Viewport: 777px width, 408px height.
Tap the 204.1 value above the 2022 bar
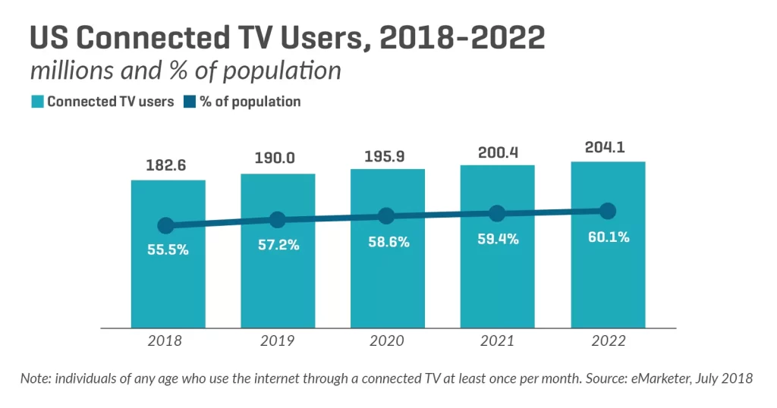point(607,147)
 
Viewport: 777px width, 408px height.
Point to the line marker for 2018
point(166,225)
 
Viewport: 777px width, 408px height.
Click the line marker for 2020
point(386,216)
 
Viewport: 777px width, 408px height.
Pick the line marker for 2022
point(607,210)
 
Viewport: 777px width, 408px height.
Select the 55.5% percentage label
point(168,250)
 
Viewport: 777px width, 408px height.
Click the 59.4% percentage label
point(497,239)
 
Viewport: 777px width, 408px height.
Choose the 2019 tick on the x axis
point(278,341)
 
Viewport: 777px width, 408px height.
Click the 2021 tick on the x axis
point(498,341)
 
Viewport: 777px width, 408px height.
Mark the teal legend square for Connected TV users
point(36,102)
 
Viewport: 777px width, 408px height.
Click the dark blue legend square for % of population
point(189,102)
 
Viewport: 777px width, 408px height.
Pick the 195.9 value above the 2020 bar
point(387,157)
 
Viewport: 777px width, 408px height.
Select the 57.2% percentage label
point(278,246)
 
